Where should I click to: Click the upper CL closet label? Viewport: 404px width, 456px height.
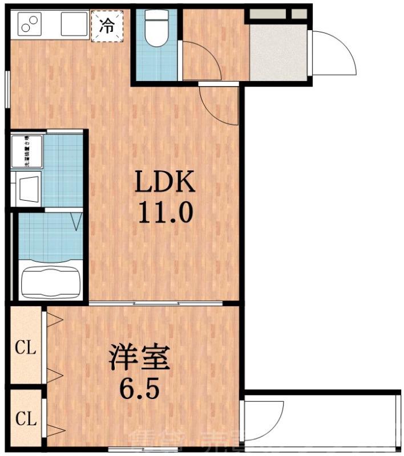[26, 348]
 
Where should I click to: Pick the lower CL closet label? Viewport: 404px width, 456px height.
[26, 420]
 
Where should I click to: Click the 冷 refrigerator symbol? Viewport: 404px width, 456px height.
[107, 26]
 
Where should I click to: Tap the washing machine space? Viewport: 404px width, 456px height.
[27, 152]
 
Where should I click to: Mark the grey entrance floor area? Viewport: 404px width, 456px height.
[278, 51]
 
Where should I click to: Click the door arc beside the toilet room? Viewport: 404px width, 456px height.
[200, 60]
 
